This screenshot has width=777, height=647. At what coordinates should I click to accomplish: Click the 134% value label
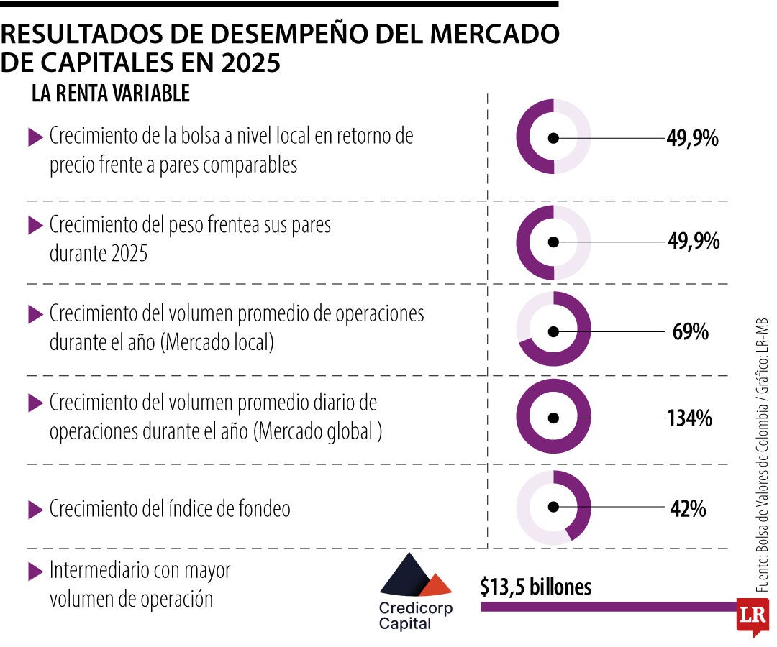(x=689, y=418)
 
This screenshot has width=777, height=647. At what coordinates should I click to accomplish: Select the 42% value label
(x=688, y=509)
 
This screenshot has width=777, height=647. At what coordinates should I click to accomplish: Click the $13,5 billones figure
(x=536, y=587)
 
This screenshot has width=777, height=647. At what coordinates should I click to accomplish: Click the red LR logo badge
(x=752, y=615)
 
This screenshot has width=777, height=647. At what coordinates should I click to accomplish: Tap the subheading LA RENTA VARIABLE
(x=110, y=93)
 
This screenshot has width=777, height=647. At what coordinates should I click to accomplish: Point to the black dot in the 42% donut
(x=553, y=507)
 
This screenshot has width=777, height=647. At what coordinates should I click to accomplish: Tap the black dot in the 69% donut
(x=553, y=331)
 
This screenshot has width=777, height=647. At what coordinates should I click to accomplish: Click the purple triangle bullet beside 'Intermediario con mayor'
(x=35, y=572)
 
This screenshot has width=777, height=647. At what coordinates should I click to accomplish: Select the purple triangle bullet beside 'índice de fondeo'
(x=35, y=510)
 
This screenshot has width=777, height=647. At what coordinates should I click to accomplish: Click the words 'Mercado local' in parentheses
(x=219, y=343)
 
